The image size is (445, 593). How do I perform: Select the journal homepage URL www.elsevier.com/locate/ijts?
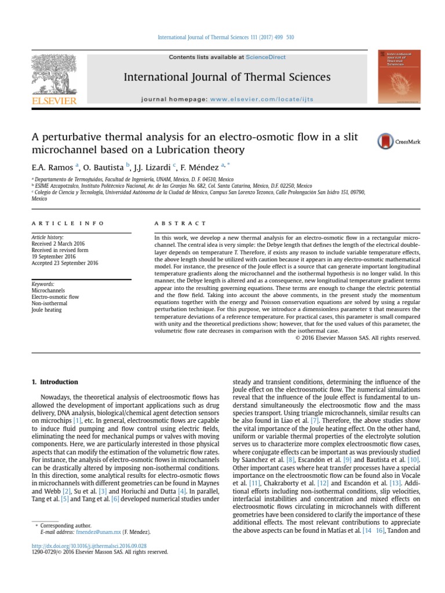[261, 99]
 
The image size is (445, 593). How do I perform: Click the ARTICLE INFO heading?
[68, 223]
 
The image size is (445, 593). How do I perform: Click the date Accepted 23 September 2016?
[65, 262]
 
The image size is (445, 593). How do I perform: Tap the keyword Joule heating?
[46, 310]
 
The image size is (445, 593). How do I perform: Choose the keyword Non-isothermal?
[49, 303]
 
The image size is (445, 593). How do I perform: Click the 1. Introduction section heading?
[53, 382]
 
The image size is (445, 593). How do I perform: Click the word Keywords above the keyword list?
[43, 284]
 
